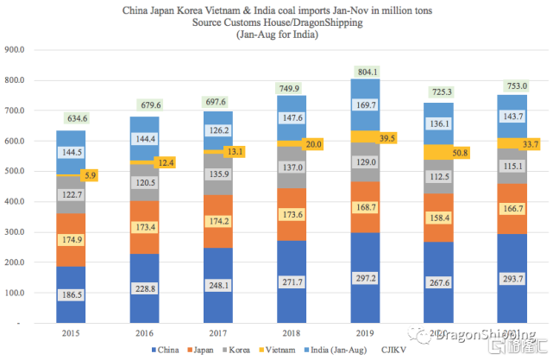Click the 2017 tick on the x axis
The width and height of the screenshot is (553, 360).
click(213, 332)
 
